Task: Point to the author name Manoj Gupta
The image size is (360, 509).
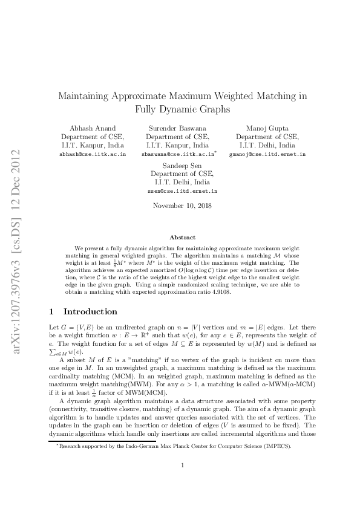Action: pos(267,128)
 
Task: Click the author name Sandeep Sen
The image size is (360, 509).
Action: pos(182,165)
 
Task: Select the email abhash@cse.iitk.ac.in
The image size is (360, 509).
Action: pos(92,154)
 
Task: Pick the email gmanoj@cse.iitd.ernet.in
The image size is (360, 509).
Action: pos(267,154)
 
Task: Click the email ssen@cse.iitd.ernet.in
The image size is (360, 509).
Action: pos(182,191)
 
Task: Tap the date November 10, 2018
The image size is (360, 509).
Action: pos(182,206)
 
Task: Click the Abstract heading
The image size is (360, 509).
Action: pos(182,238)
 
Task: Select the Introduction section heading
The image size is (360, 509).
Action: pos(90,312)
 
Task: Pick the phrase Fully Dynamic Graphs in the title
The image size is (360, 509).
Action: pos(182,110)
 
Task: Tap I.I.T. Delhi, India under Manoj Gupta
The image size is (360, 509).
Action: pos(267,146)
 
